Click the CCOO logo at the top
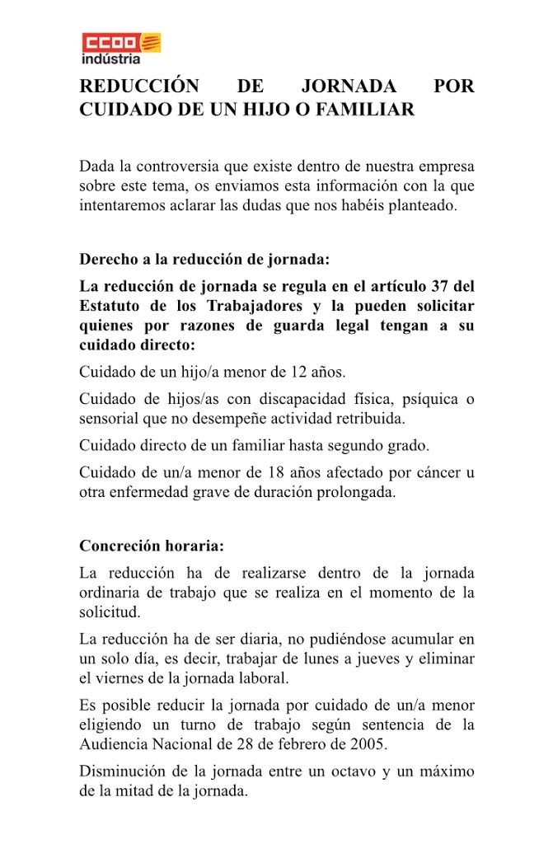coord(120,42)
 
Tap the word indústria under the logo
coord(110,59)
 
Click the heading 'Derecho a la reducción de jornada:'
coord(204,259)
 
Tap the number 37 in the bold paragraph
coord(439,287)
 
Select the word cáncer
coord(433,473)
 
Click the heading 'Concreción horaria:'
coord(152,546)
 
